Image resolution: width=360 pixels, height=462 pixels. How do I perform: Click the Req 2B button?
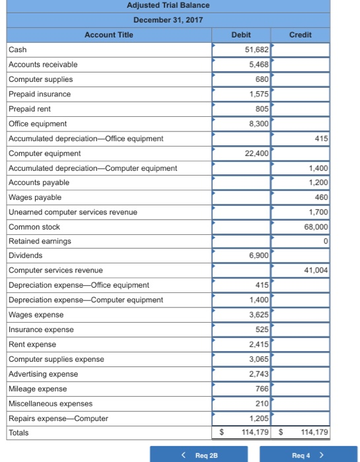pos(198,454)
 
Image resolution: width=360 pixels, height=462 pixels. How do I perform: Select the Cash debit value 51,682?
pos(256,49)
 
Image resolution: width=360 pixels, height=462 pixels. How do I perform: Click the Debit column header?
pos(241,34)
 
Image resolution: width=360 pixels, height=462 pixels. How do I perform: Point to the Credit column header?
pos(301,34)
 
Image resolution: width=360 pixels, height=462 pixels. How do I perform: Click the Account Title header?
pos(109,34)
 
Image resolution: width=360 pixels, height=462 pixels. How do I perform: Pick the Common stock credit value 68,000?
pos(316,226)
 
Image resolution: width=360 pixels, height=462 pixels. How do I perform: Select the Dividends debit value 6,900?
pos(258,255)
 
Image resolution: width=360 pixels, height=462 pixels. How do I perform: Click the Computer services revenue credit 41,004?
pos(316,271)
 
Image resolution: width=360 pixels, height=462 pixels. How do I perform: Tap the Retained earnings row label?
pos(30,241)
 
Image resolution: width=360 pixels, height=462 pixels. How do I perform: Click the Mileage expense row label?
pos(37,389)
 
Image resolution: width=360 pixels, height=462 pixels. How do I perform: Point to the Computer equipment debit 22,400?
pos(256,153)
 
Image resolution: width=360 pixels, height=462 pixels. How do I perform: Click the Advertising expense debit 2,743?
pos(258,374)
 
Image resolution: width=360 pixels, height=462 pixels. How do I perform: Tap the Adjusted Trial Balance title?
pos(168,6)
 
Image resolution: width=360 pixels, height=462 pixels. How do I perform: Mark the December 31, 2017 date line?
pos(168,20)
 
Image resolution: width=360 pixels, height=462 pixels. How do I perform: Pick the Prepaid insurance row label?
pos(39,94)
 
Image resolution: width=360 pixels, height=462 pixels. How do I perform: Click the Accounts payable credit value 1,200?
pos(318,182)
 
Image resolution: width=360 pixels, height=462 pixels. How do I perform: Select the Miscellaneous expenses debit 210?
pos(261,403)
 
